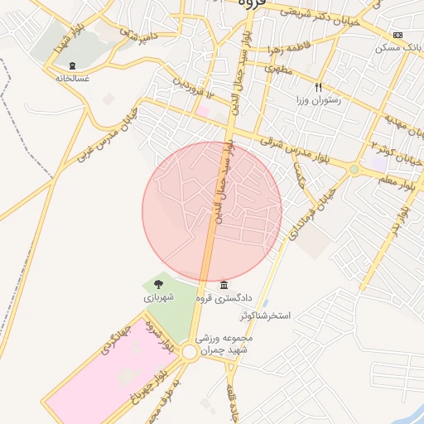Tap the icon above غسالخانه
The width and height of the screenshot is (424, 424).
[x=72, y=65]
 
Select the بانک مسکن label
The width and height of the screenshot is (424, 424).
[x=396, y=47]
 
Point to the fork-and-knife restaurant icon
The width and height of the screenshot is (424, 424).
[x=318, y=87]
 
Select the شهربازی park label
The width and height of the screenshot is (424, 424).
[x=158, y=296]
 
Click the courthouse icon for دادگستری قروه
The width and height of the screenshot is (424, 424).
[x=224, y=284]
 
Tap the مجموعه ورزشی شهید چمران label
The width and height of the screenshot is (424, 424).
[x=224, y=344]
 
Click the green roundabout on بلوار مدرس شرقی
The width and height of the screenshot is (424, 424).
[x=354, y=169]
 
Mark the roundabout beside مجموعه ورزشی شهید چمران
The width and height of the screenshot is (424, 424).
[x=190, y=353]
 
